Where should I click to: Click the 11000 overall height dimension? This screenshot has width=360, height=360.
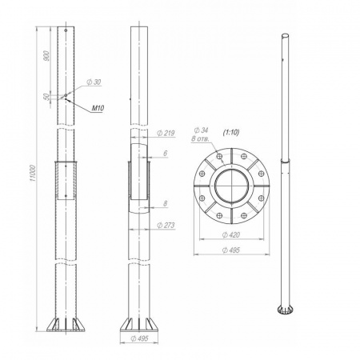(x=33, y=174)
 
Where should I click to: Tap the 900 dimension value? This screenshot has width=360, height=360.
(x=46, y=55)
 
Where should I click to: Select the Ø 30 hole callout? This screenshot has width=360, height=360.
(x=94, y=82)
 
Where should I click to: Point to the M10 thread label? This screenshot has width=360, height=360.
(x=98, y=108)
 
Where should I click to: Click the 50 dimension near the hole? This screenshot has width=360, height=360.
(x=46, y=97)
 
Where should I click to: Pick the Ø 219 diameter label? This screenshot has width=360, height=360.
(x=166, y=133)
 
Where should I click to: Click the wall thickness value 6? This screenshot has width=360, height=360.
(x=166, y=154)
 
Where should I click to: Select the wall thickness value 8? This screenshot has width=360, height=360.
(x=166, y=203)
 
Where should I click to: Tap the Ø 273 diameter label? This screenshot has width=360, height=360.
(x=166, y=226)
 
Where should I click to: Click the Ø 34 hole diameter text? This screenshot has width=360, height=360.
(x=202, y=130)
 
